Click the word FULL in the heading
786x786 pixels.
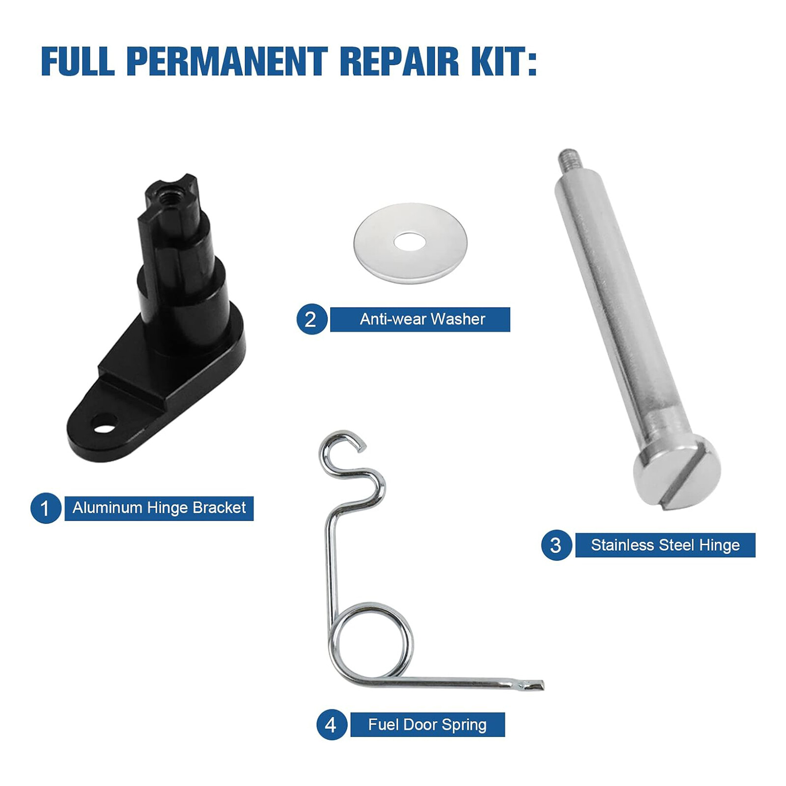[78, 61]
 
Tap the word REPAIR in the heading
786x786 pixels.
[399, 61]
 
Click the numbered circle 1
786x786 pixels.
[46, 508]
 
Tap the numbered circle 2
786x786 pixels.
[311, 319]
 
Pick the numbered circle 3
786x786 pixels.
[556, 545]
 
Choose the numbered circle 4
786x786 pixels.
[332, 725]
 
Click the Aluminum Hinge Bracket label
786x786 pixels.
[159, 508]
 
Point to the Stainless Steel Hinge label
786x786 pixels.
[665, 545]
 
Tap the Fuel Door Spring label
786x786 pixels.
[427, 725]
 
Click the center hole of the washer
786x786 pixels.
[410, 242]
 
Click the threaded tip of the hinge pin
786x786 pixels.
[569, 158]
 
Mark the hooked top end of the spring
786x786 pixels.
[344, 442]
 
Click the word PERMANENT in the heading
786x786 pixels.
[227, 61]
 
